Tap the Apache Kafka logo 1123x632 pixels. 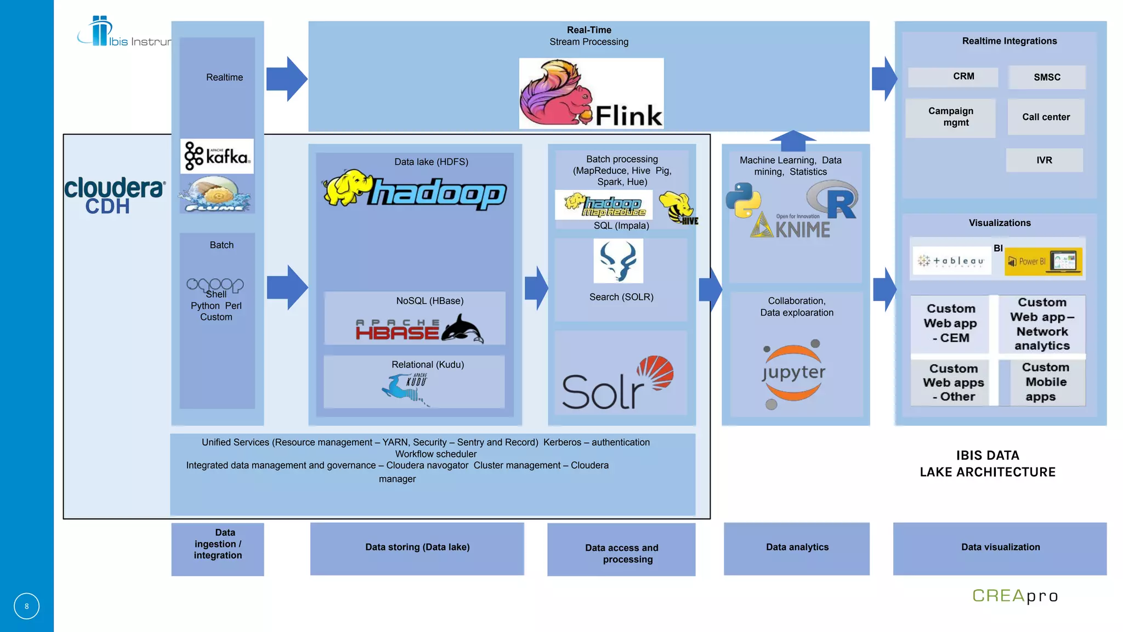click(x=217, y=156)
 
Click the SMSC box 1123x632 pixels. click(x=1047, y=77)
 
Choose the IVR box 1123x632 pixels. click(x=1044, y=160)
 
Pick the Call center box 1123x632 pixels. click(x=1046, y=117)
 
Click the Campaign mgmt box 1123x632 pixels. click(x=950, y=117)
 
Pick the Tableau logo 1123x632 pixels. click(x=951, y=261)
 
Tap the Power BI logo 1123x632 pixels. click(x=1043, y=262)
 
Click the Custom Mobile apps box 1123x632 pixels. click(x=1046, y=382)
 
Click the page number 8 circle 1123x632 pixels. click(x=26, y=606)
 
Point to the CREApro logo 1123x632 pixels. click(x=1015, y=596)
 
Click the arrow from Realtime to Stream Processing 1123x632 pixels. click(x=286, y=78)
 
